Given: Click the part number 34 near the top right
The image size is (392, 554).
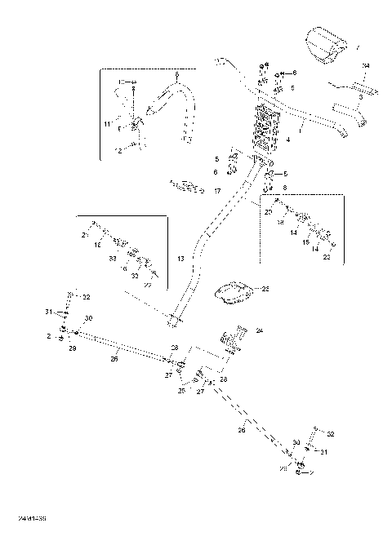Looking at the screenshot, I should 364,65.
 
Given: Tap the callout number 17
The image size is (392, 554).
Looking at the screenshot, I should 217,191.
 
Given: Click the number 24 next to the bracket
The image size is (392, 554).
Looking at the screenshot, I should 260,330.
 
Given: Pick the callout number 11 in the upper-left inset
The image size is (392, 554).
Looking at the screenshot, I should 107,123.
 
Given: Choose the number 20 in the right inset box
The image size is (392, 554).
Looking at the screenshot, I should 269,211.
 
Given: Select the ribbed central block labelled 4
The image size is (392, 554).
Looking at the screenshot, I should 268,131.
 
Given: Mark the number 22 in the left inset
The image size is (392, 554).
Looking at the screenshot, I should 148,285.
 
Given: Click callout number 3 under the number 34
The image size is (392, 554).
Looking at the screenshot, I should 360,95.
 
